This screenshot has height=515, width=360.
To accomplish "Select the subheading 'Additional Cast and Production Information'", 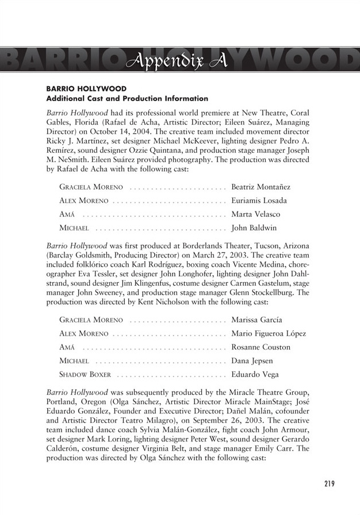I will pyautogui.click(x=127, y=98).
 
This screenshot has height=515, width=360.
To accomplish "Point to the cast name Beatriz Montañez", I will pyautogui.click(x=261, y=187).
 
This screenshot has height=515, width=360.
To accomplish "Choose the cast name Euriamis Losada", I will pyautogui.click(x=259, y=201).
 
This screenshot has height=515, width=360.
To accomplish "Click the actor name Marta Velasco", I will pyautogui.click(x=255, y=214).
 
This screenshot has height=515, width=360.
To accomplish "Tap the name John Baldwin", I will pyautogui.click(x=254, y=228).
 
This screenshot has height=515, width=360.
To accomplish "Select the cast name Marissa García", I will pyautogui.click(x=256, y=320).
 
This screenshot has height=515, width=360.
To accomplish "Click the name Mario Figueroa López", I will pyautogui.click(x=268, y=333).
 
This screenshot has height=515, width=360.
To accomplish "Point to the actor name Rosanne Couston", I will pyautogui.click(x=261, y=347).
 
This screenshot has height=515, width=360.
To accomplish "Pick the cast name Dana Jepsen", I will pyautogui.click(x=251, y=361).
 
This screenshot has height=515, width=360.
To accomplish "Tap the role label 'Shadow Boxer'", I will pyautogui.click(x=85, y=375).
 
